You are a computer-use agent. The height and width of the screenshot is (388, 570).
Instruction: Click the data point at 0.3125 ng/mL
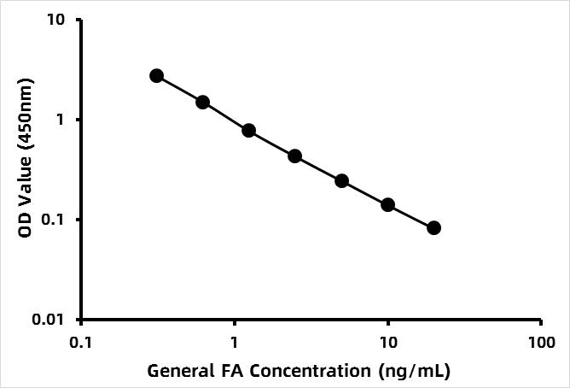(156, 76)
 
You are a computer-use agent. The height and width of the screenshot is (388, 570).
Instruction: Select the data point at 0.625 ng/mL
(202, 103)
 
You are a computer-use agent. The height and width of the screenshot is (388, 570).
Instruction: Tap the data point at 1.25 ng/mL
(248, 131)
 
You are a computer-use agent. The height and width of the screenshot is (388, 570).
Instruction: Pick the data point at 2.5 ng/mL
(294, 156)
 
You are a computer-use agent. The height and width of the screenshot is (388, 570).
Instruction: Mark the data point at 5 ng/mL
(341, 180)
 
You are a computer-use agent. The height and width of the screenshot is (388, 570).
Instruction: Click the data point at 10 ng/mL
(387, 205)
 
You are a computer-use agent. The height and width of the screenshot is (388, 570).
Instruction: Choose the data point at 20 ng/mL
(433, 227)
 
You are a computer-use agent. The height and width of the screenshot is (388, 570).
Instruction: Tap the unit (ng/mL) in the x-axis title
(415, 372)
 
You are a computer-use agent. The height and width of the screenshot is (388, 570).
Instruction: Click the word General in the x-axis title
(175, 372)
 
